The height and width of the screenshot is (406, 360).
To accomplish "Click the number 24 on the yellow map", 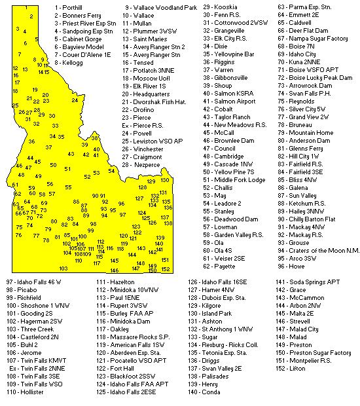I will tap(75, 100).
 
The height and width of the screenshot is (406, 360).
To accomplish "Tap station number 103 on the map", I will tap(63, 268).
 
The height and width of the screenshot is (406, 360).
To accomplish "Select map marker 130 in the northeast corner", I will tap(165, 180).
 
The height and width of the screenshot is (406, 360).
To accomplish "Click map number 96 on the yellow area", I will tap(121, 204).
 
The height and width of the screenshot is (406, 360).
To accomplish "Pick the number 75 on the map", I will tap(20, 227).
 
